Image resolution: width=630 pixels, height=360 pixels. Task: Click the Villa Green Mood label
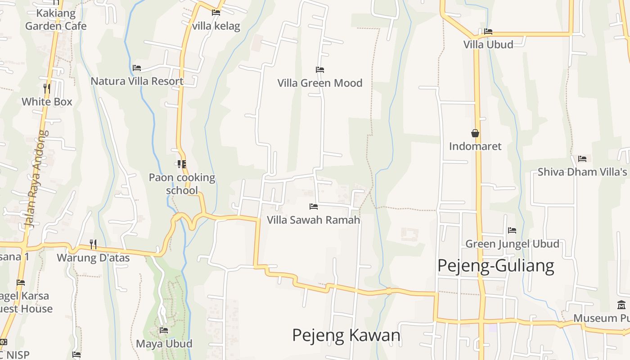(x=319, y=83)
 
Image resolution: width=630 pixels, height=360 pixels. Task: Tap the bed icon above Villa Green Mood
(x=320, y=70)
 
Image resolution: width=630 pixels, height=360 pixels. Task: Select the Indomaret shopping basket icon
(x=475, y=133)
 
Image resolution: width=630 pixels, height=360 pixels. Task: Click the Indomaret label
(x=475, y=146)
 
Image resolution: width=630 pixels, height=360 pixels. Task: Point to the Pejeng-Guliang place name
(x=495, y=265)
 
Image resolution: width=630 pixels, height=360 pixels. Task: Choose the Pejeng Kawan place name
(x=346, y=335)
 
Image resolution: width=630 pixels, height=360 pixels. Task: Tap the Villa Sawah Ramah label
(x=313, y=220)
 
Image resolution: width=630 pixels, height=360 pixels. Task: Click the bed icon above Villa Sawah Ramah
(x=314, y=207)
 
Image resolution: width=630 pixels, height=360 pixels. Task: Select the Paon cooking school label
(x=182, y=184)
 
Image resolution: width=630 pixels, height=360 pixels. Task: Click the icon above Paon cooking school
(x=182, y=164)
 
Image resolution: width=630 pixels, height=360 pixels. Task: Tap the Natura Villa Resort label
(x=137, y=81)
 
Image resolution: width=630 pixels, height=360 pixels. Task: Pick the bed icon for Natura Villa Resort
(x=137, y=68)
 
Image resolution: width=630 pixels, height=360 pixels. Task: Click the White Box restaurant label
(x=47, y=102)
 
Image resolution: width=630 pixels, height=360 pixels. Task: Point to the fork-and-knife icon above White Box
(x=47, y=88)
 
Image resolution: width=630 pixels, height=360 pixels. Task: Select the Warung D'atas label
(x=93, y=258)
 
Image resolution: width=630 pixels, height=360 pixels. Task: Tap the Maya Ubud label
(x=164, y=344)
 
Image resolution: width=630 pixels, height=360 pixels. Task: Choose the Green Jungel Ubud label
(x=512, y=244)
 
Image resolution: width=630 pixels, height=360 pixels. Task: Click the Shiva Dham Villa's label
(x=582, y=172)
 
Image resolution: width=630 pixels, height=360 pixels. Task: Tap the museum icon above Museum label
(x=621, y=305)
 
